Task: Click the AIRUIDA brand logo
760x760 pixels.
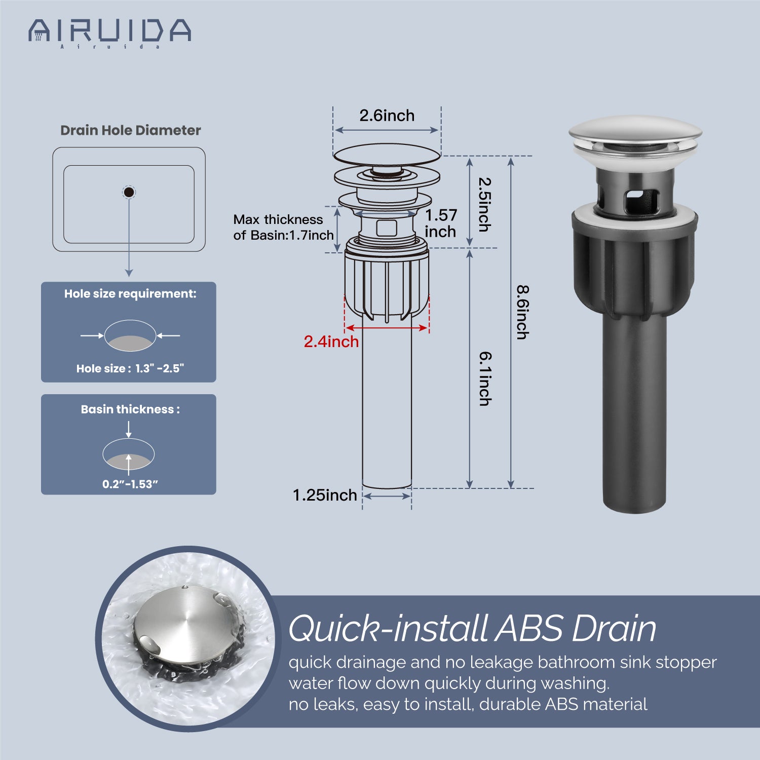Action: click(110, 32)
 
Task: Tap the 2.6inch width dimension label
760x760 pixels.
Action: click(387, 116)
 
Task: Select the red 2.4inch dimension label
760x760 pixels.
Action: click(331, 341)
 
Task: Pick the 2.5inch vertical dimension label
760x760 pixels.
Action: click(485, 204)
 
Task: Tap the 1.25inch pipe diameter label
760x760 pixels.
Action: click(325, 495)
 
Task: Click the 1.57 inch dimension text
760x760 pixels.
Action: click(441, 223)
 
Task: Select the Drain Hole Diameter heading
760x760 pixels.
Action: click(131, 130)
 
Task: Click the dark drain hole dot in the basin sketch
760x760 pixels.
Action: click(129, 192)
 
